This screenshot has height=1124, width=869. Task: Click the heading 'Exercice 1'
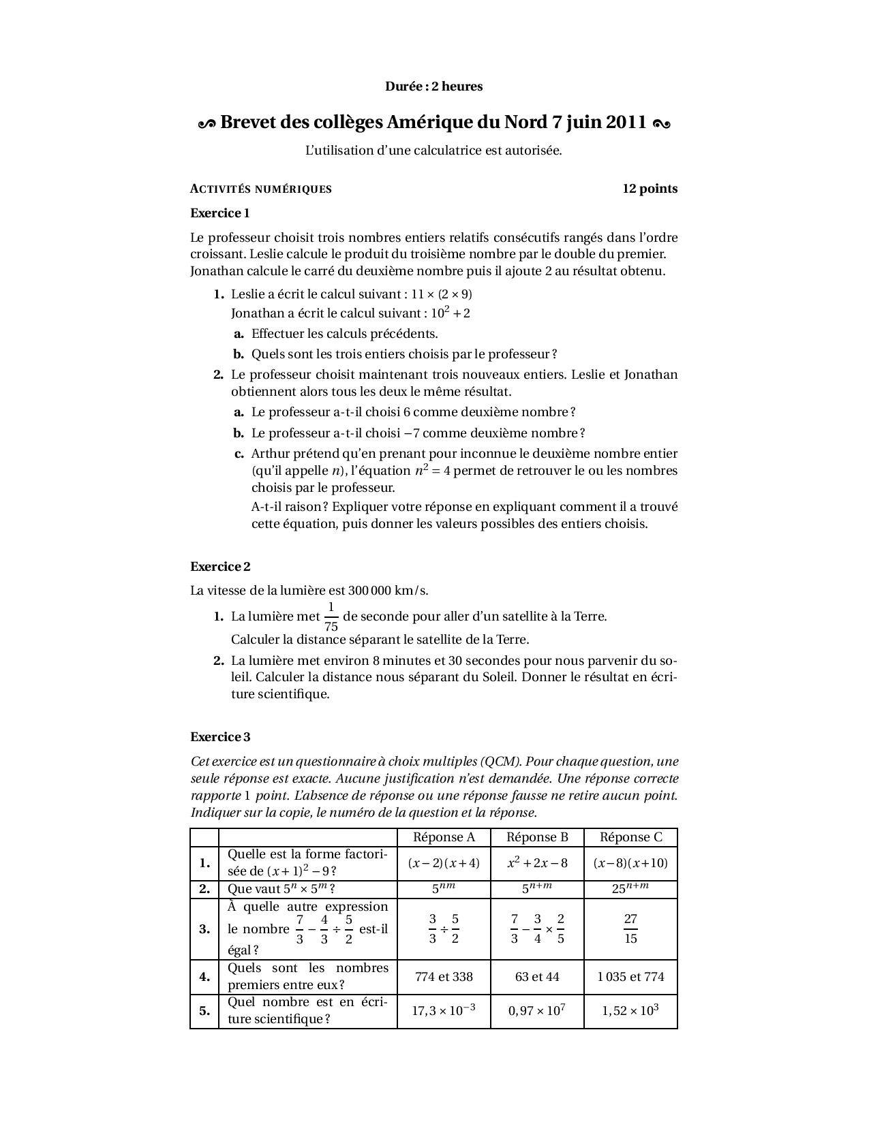[219, 213]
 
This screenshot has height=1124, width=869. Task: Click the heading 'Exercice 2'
[220, 567]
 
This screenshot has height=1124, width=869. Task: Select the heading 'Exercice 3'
[220, 737]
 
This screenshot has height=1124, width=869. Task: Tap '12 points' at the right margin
[650, 189]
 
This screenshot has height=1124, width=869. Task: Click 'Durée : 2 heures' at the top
[434, 87]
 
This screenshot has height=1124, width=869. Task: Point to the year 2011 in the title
[626, 123]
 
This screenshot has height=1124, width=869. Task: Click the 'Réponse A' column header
[444, 837]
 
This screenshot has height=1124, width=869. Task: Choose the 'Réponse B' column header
[537, 837]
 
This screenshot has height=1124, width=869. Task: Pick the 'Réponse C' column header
[630, 837]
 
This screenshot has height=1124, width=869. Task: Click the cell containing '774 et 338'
[444, 977]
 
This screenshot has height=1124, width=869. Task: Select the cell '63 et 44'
[537, 977]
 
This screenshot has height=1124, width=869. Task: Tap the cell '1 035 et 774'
[630, 977]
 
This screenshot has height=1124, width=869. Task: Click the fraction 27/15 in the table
[630, 929]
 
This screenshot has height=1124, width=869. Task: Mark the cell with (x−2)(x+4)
[444, 863]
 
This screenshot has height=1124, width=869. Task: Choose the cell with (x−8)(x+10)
[630, 863]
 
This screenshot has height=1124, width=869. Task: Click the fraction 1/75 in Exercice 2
[331, 616]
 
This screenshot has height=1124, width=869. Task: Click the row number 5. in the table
[204, 1011]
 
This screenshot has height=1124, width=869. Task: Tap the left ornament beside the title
[206, 123]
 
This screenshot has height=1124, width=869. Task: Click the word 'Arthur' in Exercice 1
[269, 454]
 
